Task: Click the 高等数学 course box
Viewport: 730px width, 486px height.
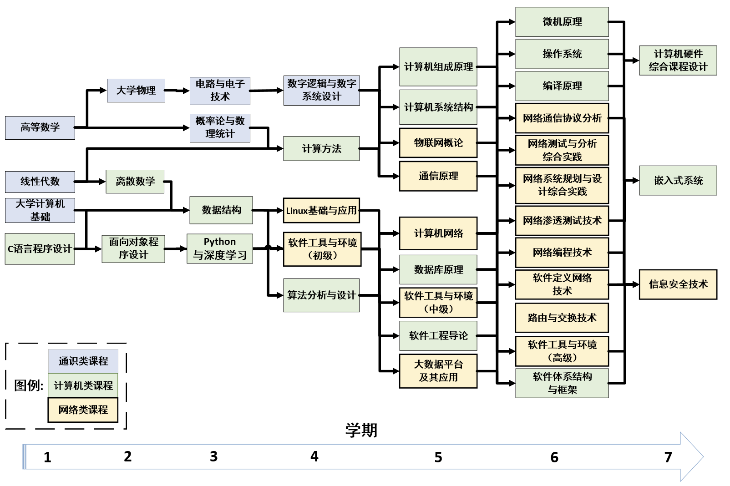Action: coord(40,127)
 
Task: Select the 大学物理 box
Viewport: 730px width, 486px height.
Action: coord(136,90)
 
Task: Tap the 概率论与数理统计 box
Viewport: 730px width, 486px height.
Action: coord(220,127)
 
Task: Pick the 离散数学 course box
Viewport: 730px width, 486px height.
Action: coord(135,182)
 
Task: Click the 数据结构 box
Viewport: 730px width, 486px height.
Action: coord(221,210)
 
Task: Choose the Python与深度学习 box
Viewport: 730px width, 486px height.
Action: coord(220,248)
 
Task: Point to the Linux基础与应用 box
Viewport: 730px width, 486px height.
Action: coord(321,211)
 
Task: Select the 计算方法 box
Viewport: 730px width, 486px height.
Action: coord(321,148)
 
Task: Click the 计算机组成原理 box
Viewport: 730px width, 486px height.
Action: coord(438,67)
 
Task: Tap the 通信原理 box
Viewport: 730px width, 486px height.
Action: coord(438,176)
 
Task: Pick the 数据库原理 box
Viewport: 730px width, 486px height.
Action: coord(438,270)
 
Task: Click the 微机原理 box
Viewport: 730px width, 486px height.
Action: coord(562,22)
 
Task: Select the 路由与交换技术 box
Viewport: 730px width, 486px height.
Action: coord(562,318)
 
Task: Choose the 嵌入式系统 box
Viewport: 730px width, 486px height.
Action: coord(678,181)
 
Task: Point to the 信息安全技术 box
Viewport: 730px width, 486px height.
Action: coord(678,284)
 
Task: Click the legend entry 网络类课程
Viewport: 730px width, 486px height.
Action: coord(83,410)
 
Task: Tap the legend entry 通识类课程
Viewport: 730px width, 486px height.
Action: coord(83,361)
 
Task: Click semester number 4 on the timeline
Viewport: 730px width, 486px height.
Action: coord(314,456)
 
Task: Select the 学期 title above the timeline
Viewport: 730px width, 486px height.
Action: coord(361,430)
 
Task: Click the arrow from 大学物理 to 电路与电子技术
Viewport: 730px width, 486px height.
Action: coord(177,91)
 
